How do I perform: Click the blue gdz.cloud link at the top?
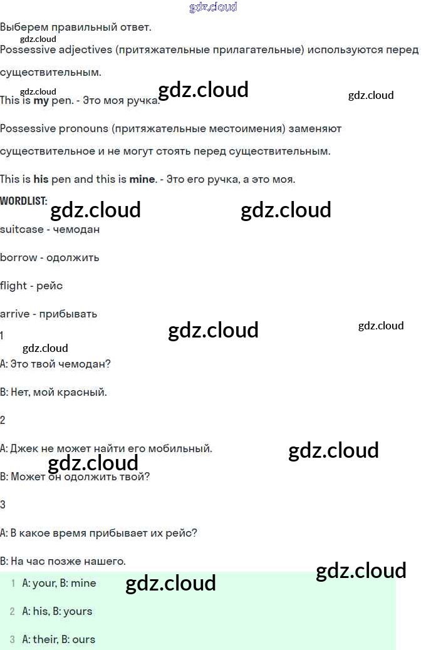[213, 8]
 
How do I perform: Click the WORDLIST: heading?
[24, 201]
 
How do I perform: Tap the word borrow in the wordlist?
[18, 257]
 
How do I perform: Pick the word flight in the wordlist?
[14, 286]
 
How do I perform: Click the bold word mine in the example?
[142, 179]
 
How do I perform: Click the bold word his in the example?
[41, 179]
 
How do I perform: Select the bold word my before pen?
[41, 100]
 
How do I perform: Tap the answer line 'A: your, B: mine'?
[59, 583]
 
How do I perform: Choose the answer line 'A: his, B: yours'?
[57, 611]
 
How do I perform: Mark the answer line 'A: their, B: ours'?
[58, 639]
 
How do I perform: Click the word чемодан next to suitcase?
[76, 229]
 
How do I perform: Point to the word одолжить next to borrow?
[73, 257]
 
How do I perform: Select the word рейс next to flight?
[49, 286]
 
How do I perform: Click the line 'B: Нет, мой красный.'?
[54, 392]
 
